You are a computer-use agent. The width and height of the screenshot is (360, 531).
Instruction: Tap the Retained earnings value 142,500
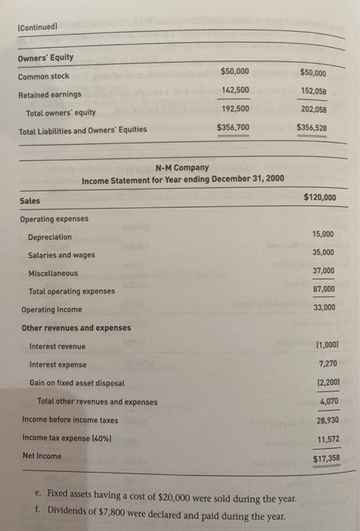[236, 90]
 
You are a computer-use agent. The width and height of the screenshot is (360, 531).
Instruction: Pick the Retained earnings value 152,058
[313, 91]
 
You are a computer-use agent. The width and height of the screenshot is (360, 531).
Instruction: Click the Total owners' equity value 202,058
[313, 109]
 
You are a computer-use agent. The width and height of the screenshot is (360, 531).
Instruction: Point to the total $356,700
[233, 127]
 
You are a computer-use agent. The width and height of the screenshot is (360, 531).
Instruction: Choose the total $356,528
[311, 128]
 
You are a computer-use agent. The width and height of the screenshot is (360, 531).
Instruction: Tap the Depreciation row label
[50, 237]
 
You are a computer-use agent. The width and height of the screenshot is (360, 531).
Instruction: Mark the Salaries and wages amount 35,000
[323, 253]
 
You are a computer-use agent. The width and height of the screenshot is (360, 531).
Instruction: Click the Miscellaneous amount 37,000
[323, 271]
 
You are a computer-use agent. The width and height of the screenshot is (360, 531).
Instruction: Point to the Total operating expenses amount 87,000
[323, 289]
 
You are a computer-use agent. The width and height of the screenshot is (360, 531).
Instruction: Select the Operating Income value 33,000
[323, 307]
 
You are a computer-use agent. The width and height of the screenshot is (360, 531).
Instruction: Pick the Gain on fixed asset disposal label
[77, 383]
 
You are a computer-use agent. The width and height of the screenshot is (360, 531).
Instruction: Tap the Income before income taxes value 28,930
[324, 419]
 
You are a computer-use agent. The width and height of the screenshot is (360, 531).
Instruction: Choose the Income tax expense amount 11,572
[324, 439]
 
